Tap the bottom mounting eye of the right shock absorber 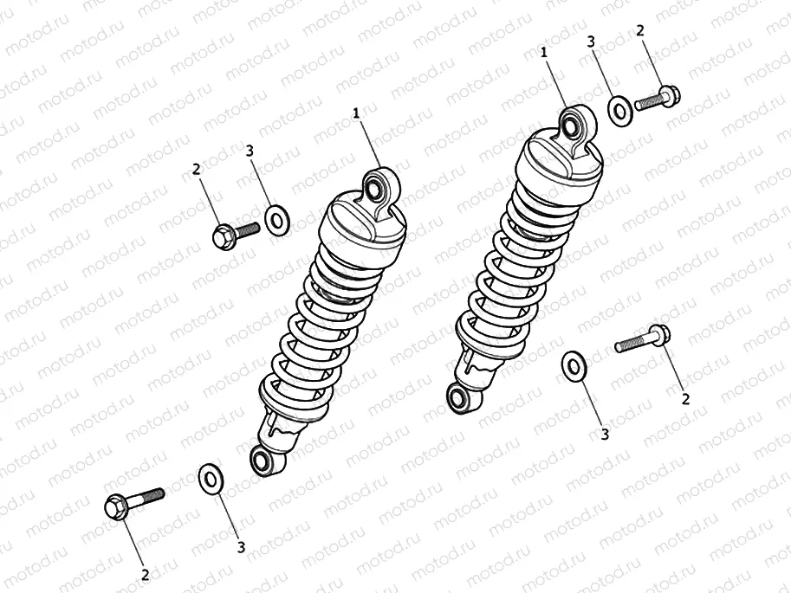(457, 397)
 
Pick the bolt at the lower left (130, 502)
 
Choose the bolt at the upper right (659, 100)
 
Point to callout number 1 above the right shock (544, 53)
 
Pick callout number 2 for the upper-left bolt (197, 170)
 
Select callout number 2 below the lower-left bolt (146, 573)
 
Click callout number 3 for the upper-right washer (590, 42)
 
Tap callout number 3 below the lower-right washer (605, 434)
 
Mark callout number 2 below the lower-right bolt (685, 398)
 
